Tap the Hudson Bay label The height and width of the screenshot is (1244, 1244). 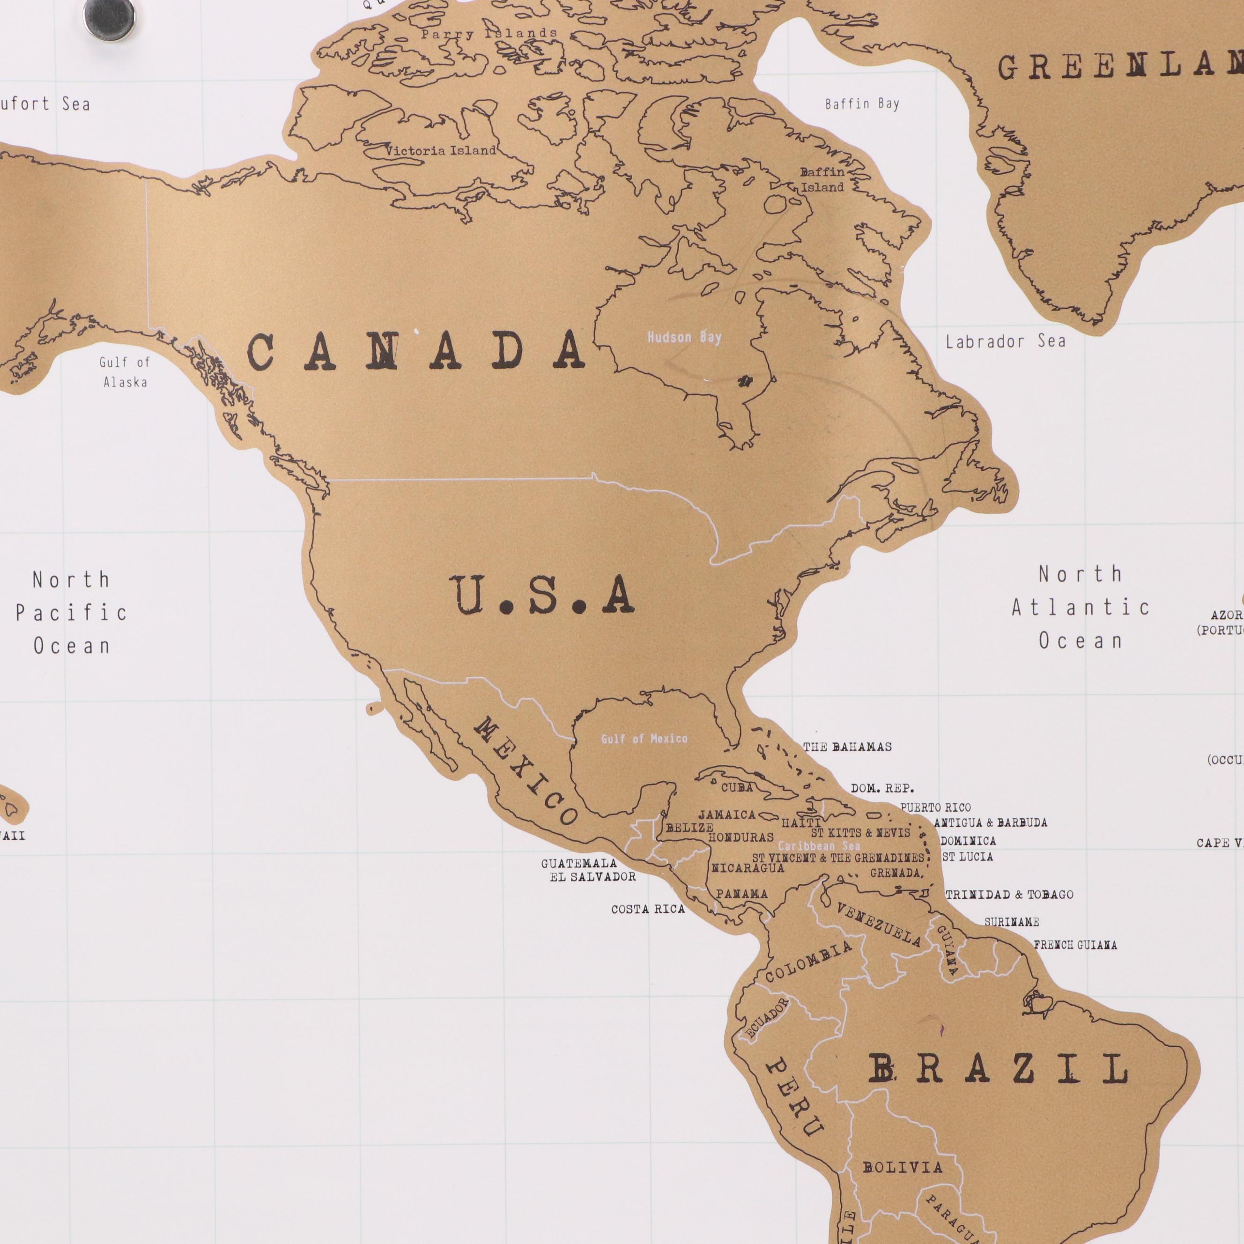[x=684, y=337]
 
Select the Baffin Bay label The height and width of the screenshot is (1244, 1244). [x=862, y=104]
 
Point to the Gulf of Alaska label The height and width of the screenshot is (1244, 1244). [x=125, y=372]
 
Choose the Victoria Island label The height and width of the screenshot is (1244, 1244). [x=441, y=151]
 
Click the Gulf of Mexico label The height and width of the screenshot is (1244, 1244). [x=644, y=739]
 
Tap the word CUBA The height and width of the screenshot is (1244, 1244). [x=737, y=787]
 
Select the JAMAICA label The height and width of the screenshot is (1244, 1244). [x=727, y=815]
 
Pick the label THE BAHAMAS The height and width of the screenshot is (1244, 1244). [x=847, y=747]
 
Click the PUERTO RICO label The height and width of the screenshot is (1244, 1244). [x=935, y=807]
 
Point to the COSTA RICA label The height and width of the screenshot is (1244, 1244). [x=648, y=909]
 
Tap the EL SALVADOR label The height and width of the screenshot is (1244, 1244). [x=592, y=876]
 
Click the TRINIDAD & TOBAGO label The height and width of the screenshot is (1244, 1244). [x=1009, y=895]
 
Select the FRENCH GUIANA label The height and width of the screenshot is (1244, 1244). [x=1075, y=945]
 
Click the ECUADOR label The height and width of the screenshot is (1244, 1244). [x=767, y=1018]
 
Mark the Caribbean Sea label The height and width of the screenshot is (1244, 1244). [x=818, y=846]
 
